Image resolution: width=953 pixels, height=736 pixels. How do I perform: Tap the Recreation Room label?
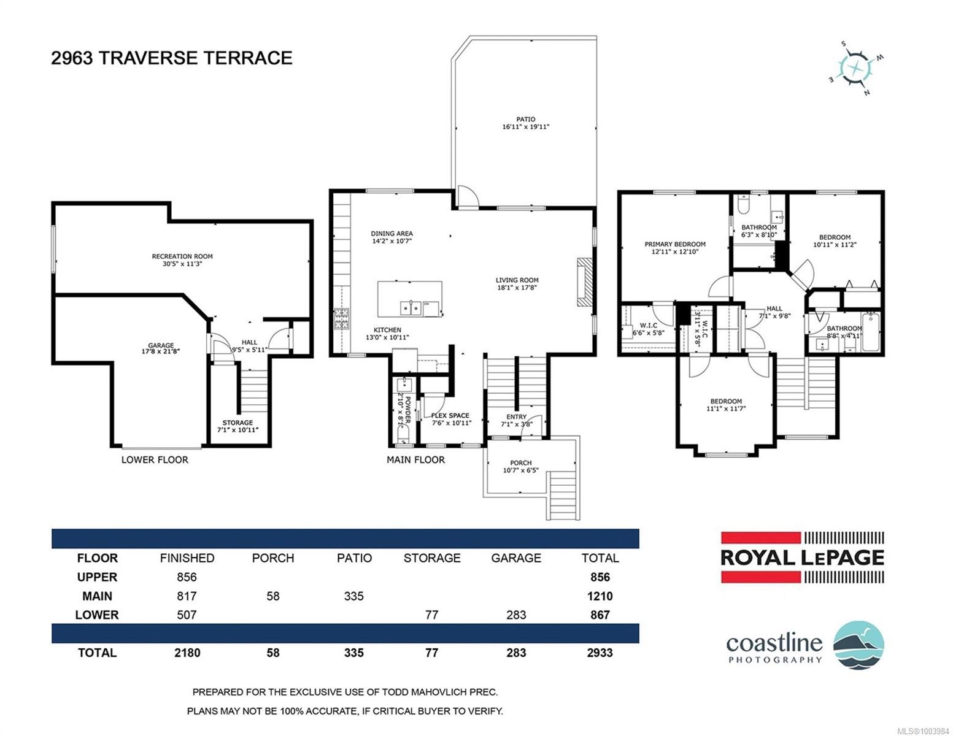click(182, 256)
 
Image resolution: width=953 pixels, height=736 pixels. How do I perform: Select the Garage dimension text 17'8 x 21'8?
click(161, 351)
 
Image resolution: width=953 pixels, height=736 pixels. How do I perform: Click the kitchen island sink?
click(411, 307)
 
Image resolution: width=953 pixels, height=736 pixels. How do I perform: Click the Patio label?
click(525, 119)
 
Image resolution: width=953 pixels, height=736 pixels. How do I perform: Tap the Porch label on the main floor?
click(520, 463)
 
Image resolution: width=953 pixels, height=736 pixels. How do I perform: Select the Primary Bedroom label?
click(674, 244)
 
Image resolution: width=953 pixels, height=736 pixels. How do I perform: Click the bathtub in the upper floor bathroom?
click(871, 331)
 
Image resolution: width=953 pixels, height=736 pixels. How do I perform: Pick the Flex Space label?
click(450, 415)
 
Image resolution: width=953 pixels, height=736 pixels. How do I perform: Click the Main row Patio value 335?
click(353, 596)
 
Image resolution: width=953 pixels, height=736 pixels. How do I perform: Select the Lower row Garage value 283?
click(515, 615)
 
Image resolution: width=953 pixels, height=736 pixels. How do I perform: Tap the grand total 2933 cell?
click(600, 652)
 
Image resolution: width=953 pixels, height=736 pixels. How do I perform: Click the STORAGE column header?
click(432, 558)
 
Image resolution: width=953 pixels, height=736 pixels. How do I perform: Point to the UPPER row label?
click(97, 577)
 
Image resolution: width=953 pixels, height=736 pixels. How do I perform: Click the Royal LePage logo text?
click(802, 558)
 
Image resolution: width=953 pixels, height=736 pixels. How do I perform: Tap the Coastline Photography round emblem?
click(858, 645)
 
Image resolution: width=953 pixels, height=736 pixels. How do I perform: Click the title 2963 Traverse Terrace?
click(171, 58)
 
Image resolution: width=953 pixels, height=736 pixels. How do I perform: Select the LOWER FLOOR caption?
click(155, 460)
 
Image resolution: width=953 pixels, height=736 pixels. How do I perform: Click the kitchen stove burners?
click(342, 319)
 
